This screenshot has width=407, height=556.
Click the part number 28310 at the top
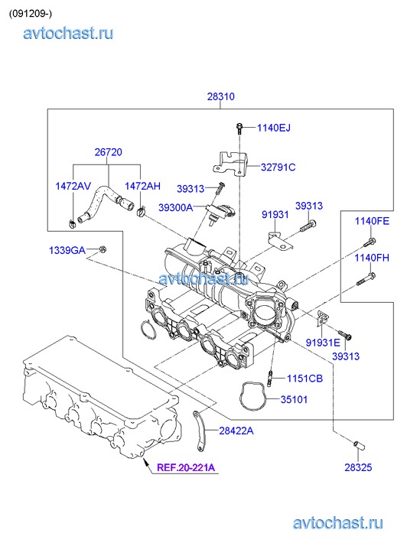point(220,96)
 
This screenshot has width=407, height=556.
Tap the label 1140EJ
point(274,128)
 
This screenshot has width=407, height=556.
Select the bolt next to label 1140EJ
point(239,128)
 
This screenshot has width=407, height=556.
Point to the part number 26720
point(108,152)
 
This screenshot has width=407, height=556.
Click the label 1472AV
point(73,186)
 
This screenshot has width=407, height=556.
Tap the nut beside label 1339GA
point(103,249)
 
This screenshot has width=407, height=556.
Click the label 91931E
point(323,343)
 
